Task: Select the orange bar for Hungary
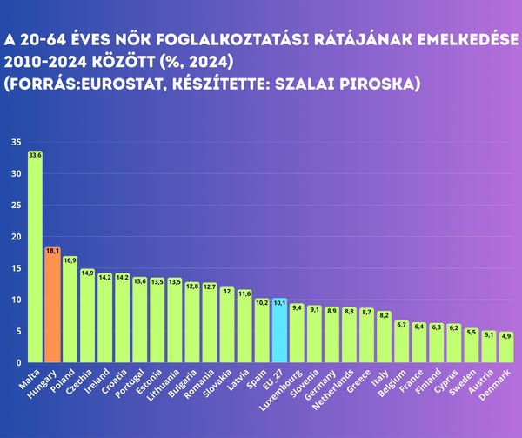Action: click(x=52, y=305)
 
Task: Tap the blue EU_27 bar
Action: click(x=279, y=331)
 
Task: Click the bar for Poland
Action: click(x=70, y=309)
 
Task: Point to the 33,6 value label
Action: click(x=35, y=155)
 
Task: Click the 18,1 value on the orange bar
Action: click(x=52, y=251)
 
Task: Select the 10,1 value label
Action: click(x=279, y=303)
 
